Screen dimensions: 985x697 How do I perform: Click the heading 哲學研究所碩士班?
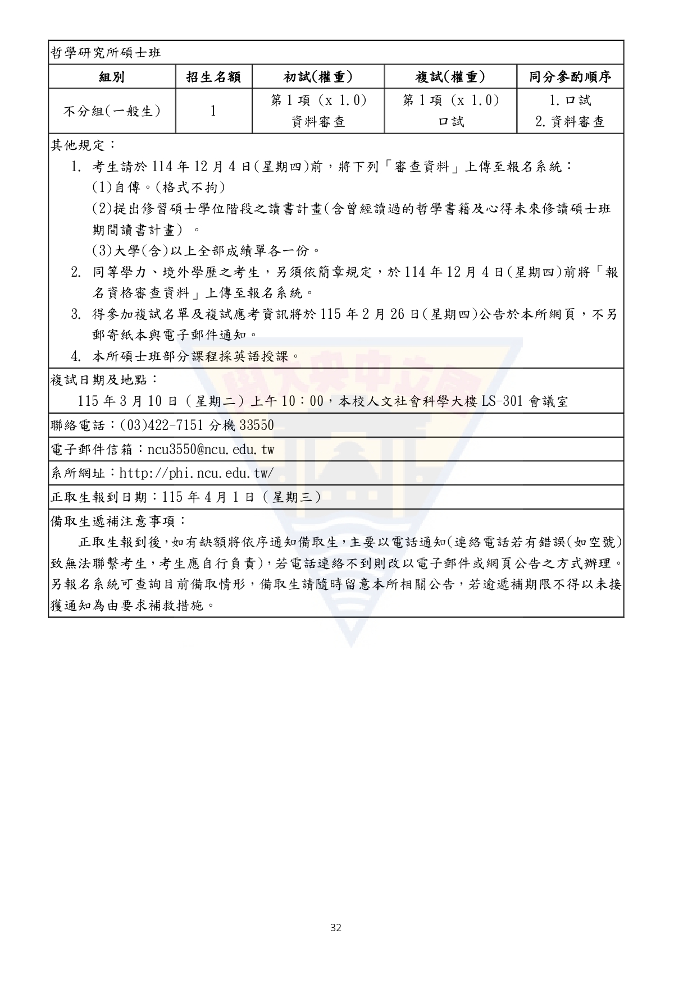[x=106, y=53]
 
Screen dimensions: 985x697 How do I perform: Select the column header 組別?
[x=112, y=77]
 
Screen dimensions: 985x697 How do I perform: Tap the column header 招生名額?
[x=214, y=77]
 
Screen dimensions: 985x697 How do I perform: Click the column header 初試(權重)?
[x=318, y=77]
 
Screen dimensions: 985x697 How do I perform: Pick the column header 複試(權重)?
[x=450, y=77]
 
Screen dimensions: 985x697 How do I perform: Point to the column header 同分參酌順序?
[x=570, y=77]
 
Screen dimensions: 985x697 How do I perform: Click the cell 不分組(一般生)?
[x=112, y=111]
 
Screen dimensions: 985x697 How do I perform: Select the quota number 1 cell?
[x=214, y=111]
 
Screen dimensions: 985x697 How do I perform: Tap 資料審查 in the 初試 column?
[x=318, y=122]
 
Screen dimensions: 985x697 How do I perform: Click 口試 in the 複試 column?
[x=450, y=122]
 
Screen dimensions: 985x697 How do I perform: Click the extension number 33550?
[x=257, y=425]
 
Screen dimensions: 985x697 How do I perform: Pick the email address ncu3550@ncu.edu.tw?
[x=211, y=450]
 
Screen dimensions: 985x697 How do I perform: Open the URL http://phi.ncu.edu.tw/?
[x=197, y=473]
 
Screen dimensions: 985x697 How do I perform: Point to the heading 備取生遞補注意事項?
[x=118, y=521]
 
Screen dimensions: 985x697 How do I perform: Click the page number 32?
[x=336, y=928]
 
